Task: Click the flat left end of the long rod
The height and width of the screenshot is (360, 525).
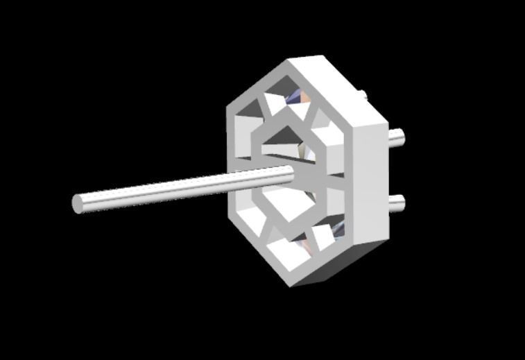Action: (78, 204)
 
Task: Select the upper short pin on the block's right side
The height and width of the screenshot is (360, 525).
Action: (397, 137)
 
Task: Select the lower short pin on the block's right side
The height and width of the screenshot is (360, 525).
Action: (396, 203)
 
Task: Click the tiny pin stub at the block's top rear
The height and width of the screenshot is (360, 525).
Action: (362, 94)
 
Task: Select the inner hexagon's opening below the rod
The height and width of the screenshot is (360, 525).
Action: (284, 205)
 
